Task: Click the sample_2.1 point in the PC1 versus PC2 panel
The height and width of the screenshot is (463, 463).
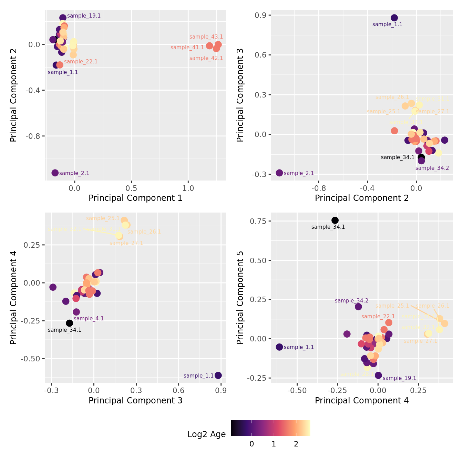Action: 55,173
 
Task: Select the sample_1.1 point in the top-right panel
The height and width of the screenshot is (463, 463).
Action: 394,18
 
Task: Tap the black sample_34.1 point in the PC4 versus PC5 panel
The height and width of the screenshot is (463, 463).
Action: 335,220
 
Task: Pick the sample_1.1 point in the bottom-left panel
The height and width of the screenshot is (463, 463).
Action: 218,375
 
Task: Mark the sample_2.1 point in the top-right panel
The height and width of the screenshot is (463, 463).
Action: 279,173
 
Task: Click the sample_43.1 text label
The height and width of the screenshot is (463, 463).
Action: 206,37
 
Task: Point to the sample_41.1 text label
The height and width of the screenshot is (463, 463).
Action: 187,48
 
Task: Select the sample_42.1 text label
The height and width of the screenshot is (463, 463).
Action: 206,58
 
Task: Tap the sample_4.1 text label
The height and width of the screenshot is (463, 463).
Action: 89,319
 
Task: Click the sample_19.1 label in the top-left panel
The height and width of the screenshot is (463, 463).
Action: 84,16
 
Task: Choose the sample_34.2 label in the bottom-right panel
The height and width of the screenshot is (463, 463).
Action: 351,301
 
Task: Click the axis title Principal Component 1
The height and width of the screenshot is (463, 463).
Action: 135,198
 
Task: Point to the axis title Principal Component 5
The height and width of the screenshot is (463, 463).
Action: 240,297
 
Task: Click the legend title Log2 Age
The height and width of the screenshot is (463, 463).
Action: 206,434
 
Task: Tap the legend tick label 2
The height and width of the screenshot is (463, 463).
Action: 296,444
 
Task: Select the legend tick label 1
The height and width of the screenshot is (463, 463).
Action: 274,444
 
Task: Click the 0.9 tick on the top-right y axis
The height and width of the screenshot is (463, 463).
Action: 259,15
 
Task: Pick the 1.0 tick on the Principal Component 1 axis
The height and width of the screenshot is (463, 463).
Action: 188,188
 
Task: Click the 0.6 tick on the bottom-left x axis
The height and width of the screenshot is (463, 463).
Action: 178,390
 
